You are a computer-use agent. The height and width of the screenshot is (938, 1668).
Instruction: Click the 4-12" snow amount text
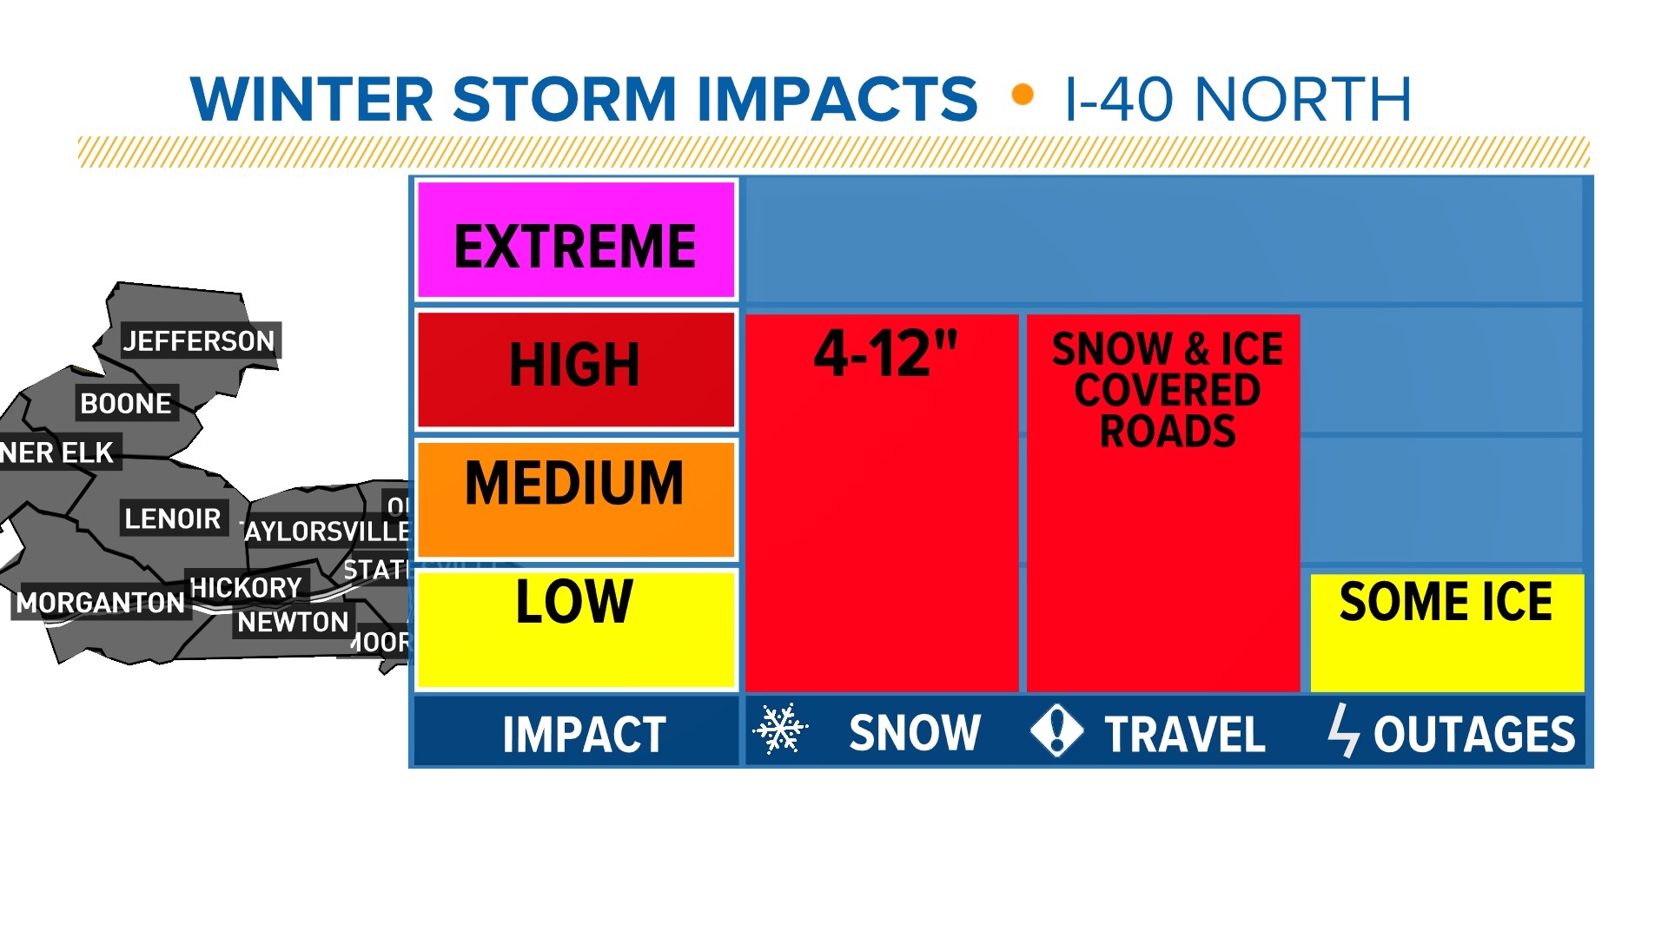(884, 354)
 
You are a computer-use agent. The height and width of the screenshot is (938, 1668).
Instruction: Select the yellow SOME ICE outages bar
(1446, 631)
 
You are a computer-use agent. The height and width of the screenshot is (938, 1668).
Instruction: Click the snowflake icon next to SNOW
(780, 729)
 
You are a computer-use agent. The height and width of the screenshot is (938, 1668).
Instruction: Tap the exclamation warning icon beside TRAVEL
(1056, 730)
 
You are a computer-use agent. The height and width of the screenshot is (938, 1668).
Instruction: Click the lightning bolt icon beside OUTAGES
(1343, 730)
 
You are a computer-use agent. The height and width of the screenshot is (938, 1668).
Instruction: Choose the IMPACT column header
(584, 734)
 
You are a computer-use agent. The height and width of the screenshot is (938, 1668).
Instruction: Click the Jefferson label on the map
(199, 341)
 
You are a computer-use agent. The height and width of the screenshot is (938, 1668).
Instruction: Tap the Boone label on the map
(126, 403)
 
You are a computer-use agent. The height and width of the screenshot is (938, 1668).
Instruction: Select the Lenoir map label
(172, 519)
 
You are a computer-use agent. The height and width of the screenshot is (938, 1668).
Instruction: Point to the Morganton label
(101, 602)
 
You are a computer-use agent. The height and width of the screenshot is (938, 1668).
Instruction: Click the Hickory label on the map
(246, 588)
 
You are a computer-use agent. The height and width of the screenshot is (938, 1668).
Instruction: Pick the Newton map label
(293, 622)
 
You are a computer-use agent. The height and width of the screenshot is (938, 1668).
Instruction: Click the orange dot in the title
(1023, 94)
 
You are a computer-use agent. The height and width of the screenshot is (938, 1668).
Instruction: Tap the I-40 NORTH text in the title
(1237, 99)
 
